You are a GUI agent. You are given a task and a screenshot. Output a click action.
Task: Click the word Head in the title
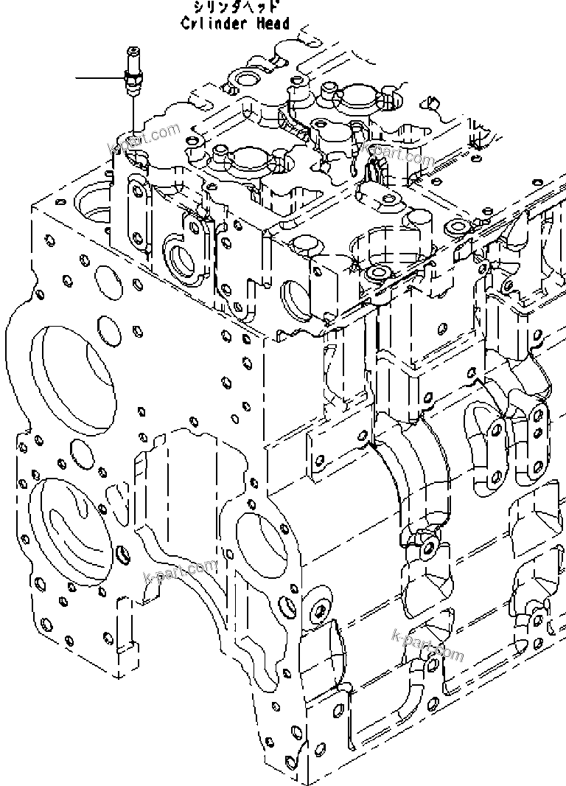[270, 24]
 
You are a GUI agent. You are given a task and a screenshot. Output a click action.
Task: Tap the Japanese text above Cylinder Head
[236, 7]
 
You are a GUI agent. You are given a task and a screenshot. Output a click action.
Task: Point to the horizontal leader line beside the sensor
[99, 77]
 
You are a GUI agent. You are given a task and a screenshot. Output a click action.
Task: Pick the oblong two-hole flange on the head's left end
[136, 214]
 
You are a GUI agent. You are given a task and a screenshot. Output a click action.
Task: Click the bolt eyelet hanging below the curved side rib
[427, 543]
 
